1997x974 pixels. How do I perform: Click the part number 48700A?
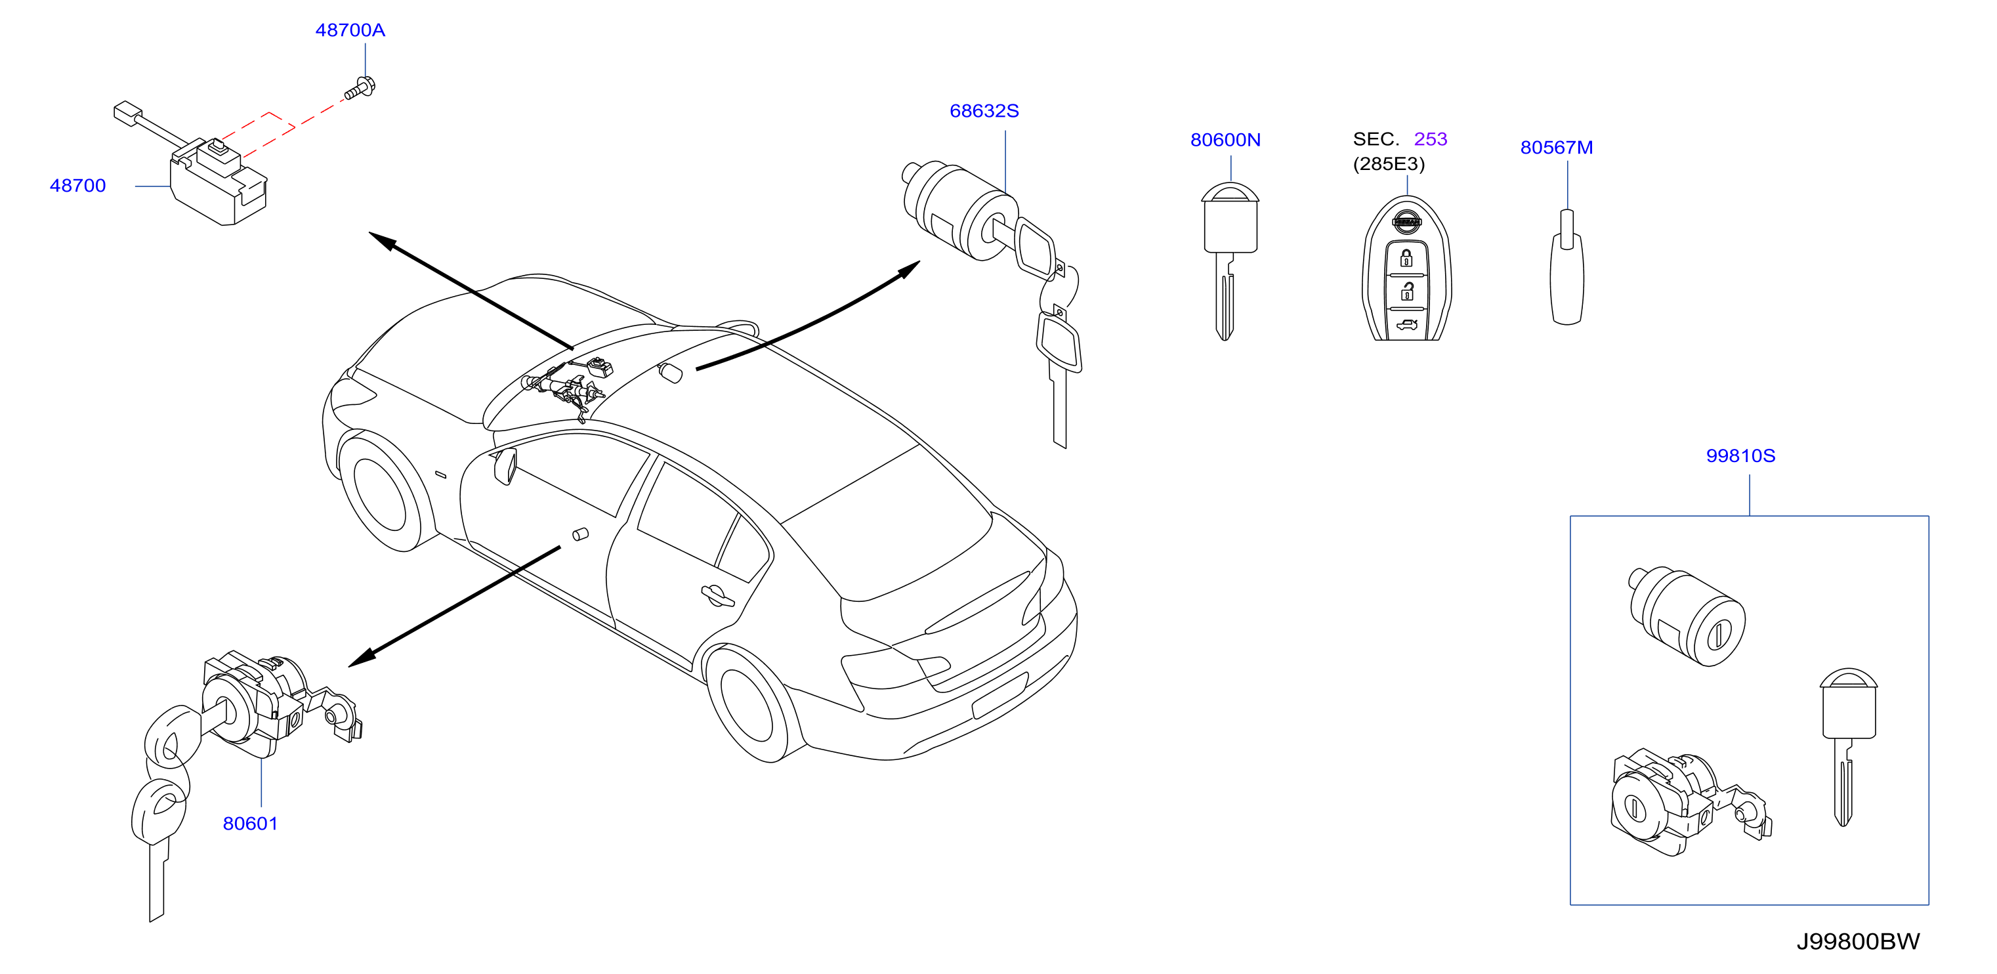(x=350, y=30)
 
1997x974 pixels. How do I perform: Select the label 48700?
(x=77, y=186)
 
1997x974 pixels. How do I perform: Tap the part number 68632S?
(x=984, y=111)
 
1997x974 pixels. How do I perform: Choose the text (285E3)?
(x=1389, y=164)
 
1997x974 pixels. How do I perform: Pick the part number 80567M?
(x=1556, y=147)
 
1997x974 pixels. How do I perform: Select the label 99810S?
(x=1740, y=456)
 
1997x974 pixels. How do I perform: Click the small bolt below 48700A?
(x=360, y=89)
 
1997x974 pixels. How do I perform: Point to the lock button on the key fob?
(x=1406, y=258)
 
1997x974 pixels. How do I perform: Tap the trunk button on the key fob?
(x=1406, y=325)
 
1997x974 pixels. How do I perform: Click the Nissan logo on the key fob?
(x=1406, y=222)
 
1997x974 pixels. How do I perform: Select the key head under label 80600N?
(x=1230, y=218)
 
